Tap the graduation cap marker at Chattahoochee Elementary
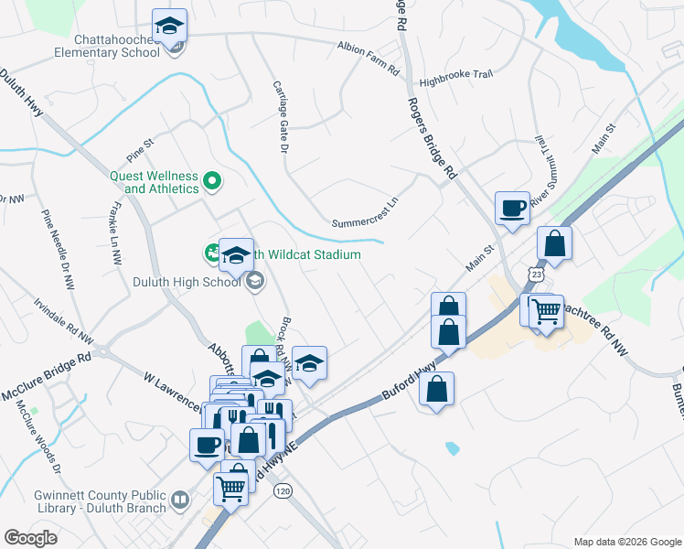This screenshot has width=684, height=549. point(169,27)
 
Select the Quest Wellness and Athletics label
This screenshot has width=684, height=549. point(155,182)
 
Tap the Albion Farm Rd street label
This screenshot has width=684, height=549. point(369,58)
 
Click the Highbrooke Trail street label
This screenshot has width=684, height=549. point(454,80)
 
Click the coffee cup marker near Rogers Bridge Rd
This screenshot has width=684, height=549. point(512,208)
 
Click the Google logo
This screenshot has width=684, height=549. point(30,538)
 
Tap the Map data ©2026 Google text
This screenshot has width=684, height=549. point(626,542)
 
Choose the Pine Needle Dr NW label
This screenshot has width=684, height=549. point(57,249)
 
